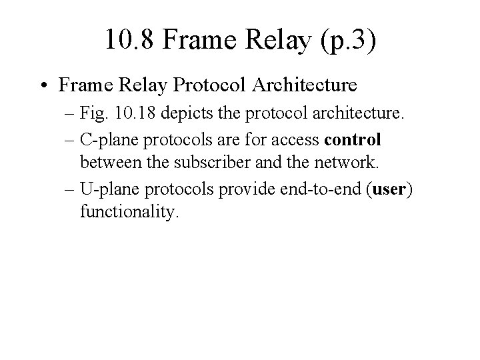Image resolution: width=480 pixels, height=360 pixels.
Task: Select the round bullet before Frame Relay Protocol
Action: click(x=45, y=86)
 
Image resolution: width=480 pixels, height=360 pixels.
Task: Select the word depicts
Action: click(x=202, y=119)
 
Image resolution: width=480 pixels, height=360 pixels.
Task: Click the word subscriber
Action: click(x=200, y=162)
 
